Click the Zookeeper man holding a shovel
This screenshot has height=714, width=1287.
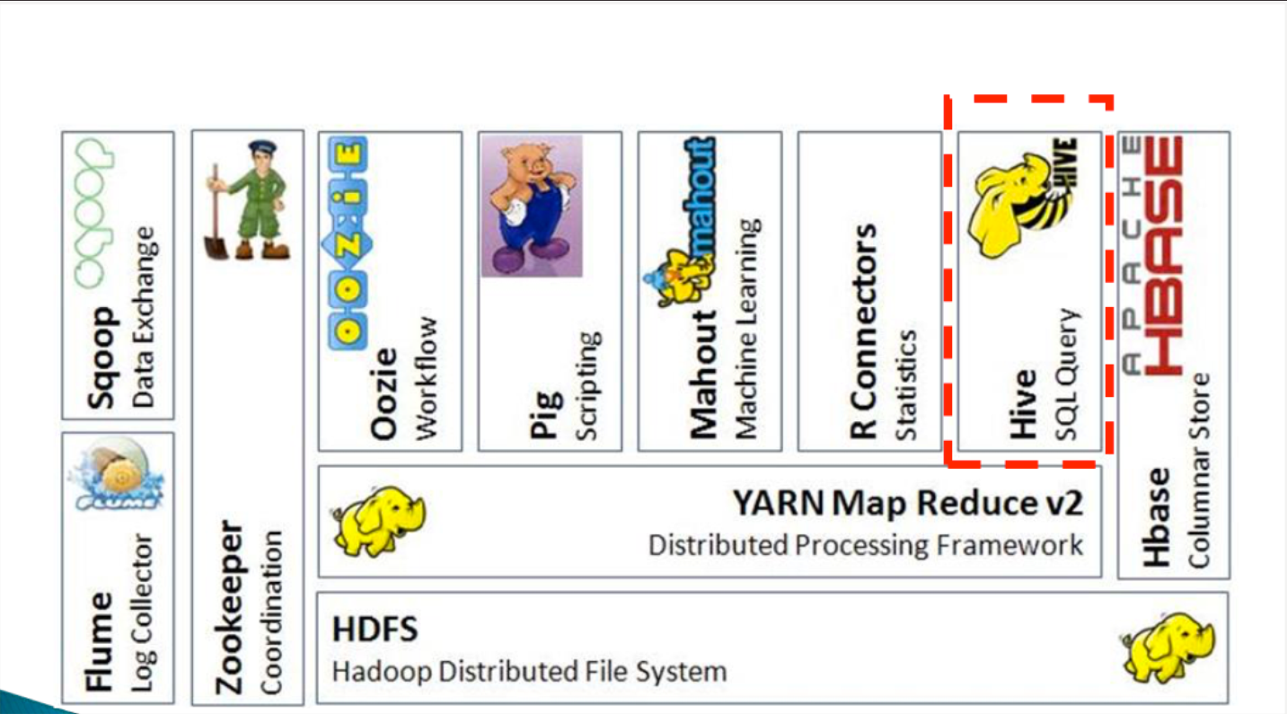point(247,201)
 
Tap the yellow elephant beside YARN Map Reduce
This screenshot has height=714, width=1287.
point(378,520)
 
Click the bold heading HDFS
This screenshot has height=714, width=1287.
point(375,630)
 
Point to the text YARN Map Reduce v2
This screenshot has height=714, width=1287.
point(908,504)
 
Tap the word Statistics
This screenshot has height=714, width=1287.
point(906,385)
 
